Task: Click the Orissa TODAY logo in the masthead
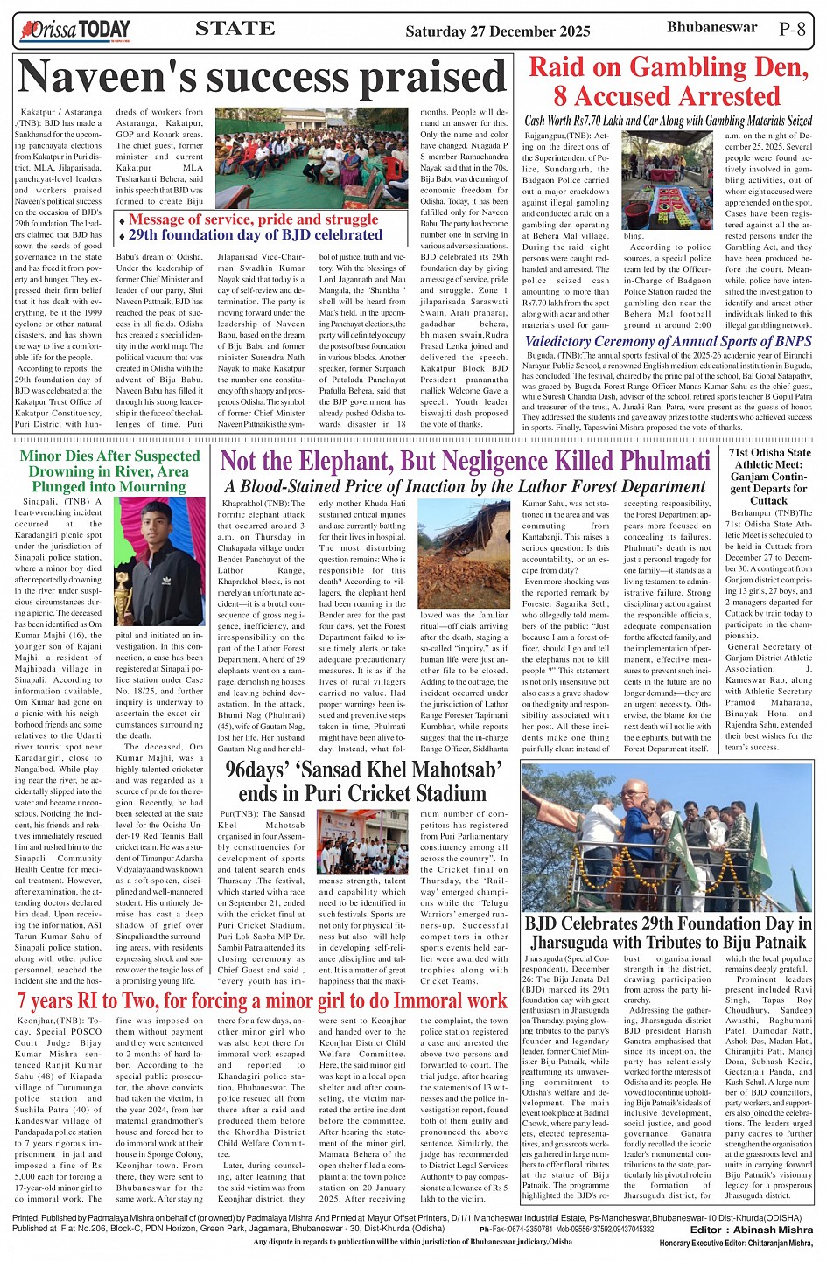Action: pos(74,31)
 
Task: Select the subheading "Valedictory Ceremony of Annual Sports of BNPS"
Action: pos(668,341)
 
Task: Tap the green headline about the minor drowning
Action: pos(109,470)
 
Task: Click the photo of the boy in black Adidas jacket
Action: pos(160,561)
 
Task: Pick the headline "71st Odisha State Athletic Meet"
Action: pos(769,477)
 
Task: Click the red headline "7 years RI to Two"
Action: pos(262,1000)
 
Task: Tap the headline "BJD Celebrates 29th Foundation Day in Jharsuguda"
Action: pos(668,932)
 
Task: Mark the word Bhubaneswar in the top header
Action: pos(711,27)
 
